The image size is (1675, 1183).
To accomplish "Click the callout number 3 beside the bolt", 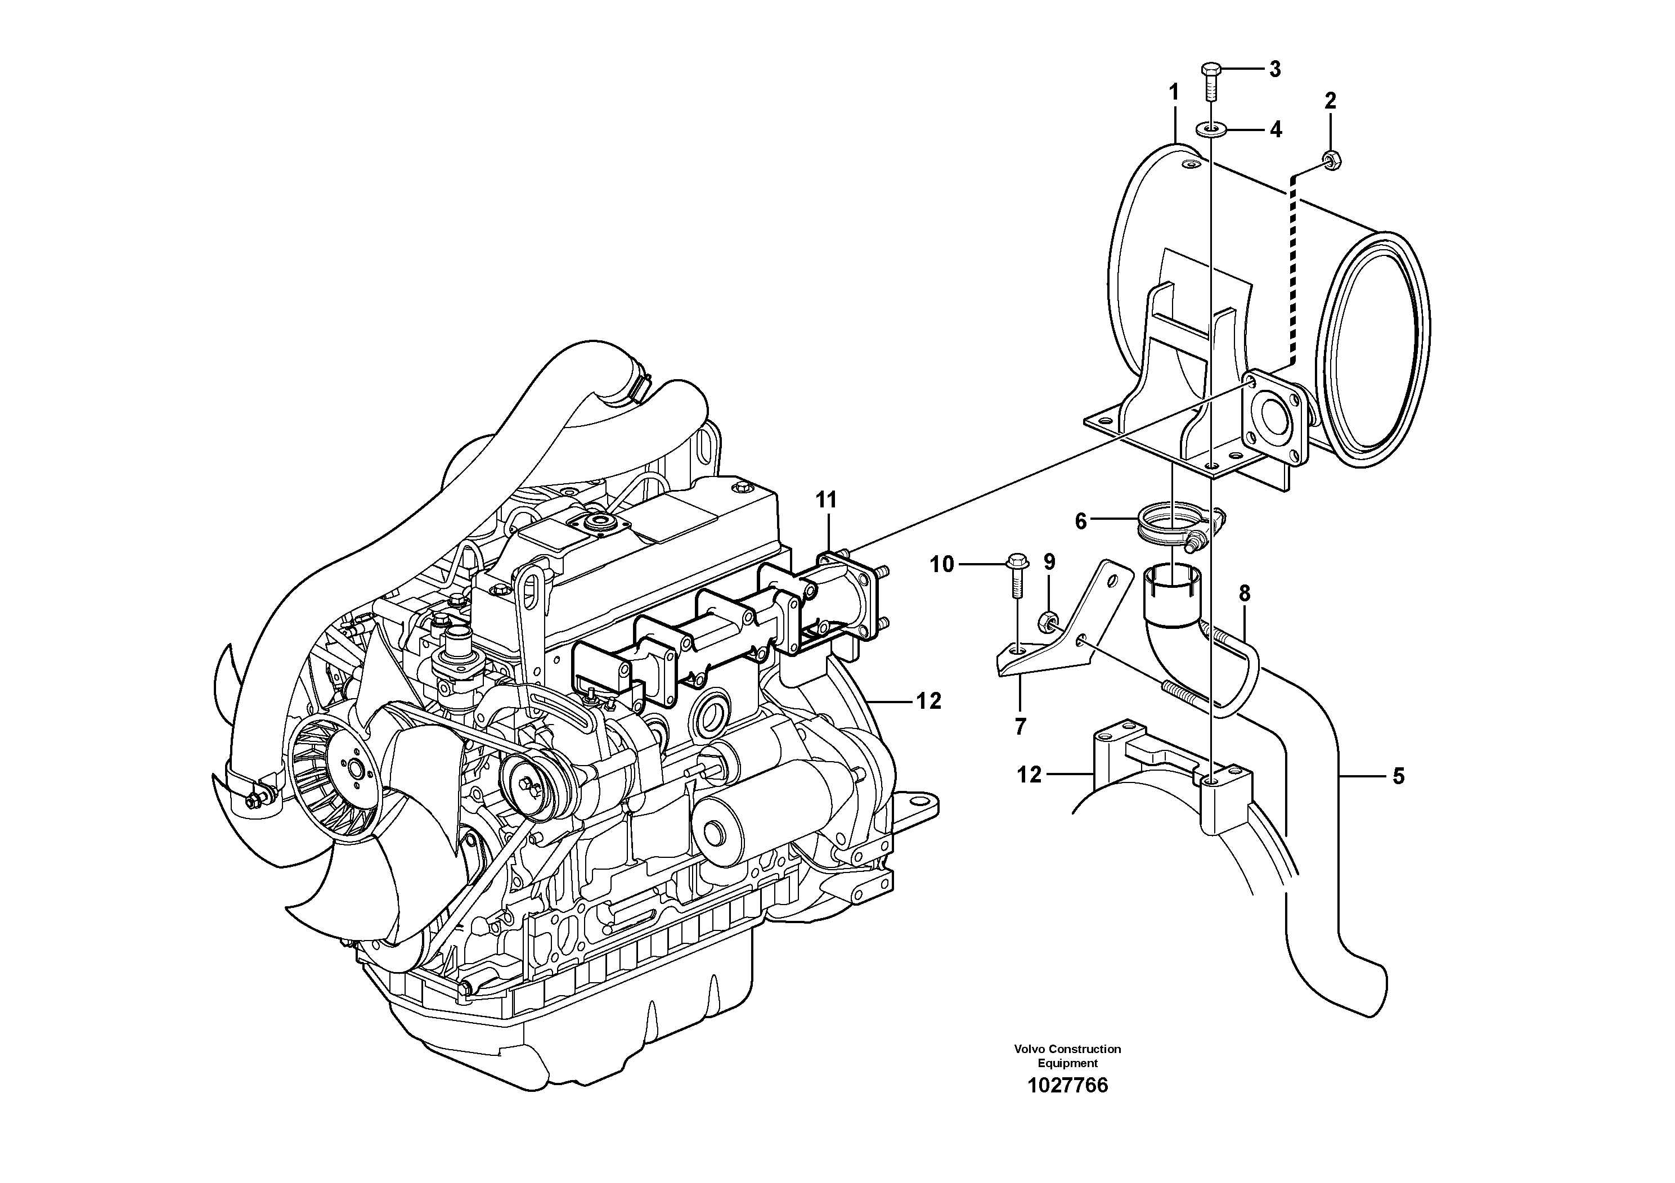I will coord(1274,69).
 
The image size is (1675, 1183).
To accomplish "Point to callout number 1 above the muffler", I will coord(1174,93).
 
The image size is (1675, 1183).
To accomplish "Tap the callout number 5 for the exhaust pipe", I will coord(1398,776).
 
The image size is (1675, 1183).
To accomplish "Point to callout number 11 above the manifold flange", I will coord(826,500).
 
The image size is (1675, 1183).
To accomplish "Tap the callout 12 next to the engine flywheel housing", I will coord(929,701).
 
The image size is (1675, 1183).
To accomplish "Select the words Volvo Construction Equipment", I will coord(1067,1055).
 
